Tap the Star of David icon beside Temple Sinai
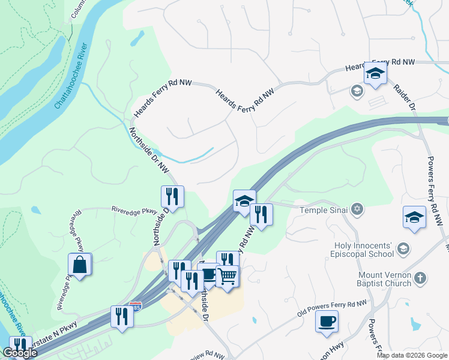[357, 209]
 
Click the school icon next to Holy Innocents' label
[404, 247]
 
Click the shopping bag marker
[80, 265]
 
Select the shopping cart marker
[228, 277]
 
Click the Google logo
[20, 353]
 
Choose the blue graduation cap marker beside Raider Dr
[375, 74]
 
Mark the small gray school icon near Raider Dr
[357, 91]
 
